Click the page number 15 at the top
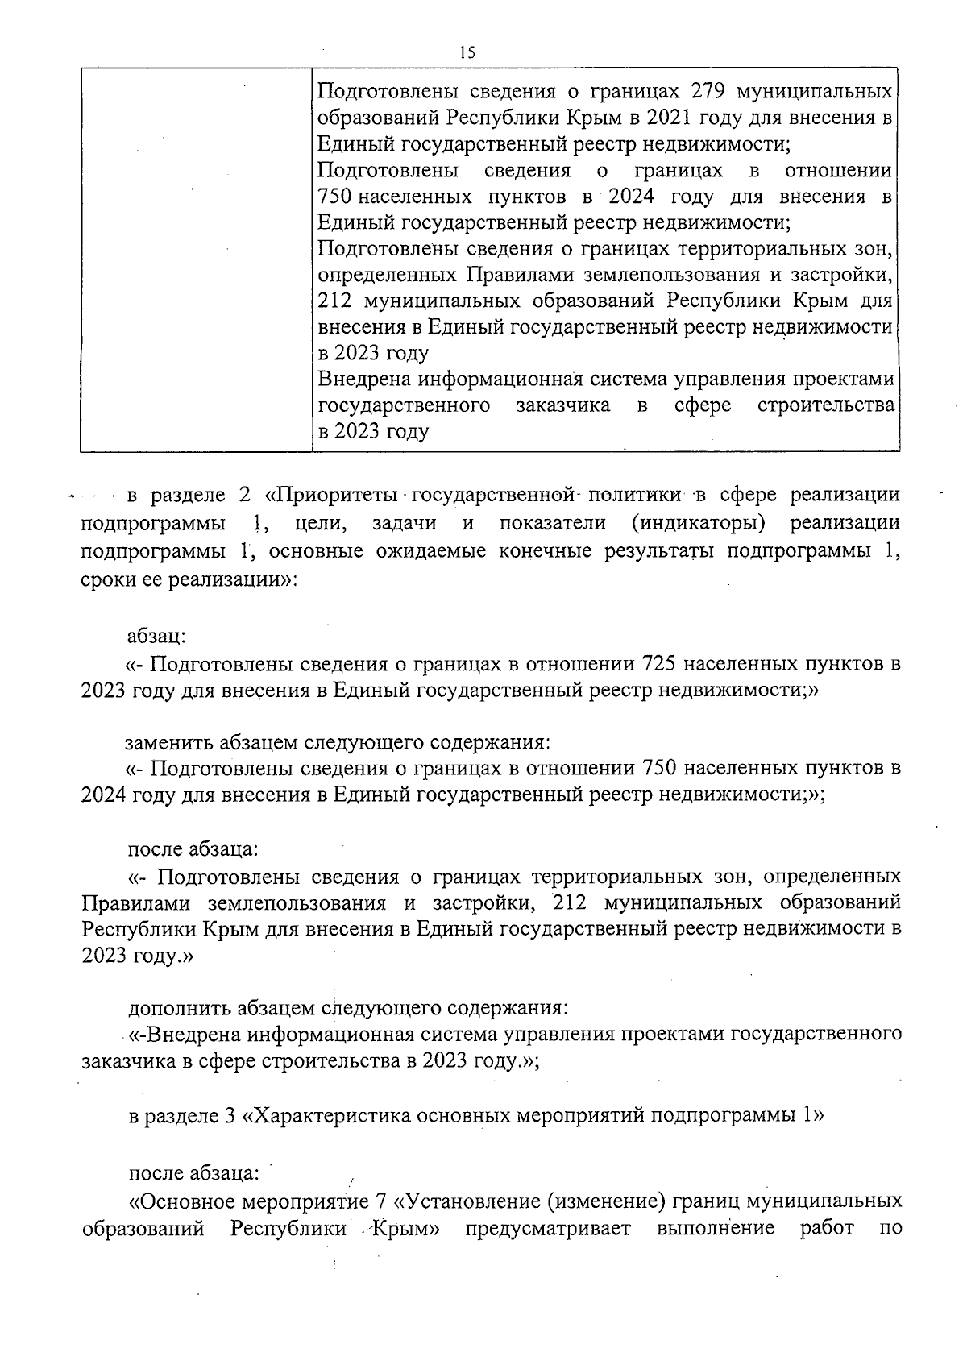[467, 53]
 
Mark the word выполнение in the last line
[716, 1230]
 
